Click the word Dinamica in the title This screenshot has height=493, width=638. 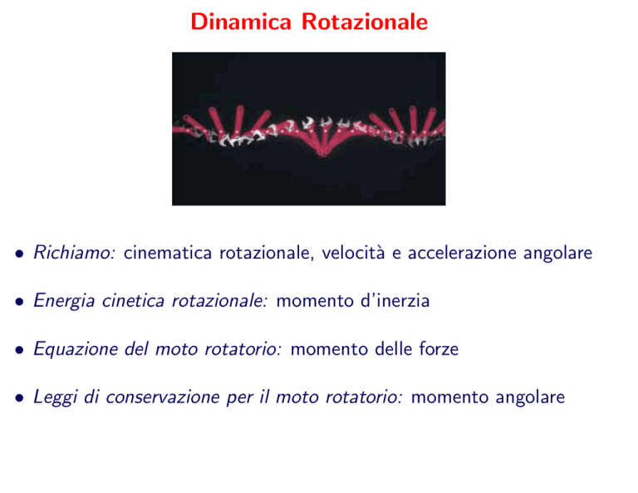(241, 22)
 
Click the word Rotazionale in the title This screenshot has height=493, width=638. (365, 22)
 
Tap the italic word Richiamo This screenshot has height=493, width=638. (75, 253)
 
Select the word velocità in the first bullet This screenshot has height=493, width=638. (353, 253)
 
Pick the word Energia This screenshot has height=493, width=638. (64, 301)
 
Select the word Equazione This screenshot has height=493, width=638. (76, 349)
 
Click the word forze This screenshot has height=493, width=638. (439, 349)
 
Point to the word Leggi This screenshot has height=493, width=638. (56, 397)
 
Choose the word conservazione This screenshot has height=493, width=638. (163, 397)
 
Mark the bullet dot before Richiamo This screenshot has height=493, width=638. (19, 254)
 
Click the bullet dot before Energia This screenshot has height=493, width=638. (19, 302)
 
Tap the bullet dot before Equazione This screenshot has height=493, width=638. (19, 350)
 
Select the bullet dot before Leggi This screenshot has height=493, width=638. (19, 398)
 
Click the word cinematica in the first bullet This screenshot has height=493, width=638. (168, 253)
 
